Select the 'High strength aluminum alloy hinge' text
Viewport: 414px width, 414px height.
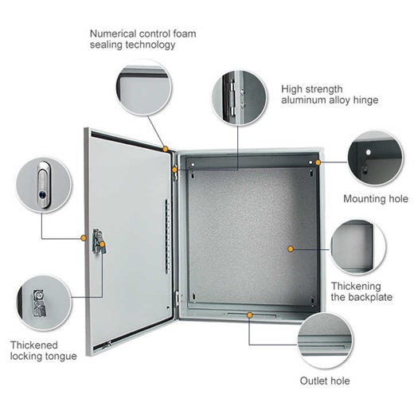coord(330,94)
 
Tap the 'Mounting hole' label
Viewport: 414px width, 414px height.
coord(375,199)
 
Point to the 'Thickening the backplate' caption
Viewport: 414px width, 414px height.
coord(355,291)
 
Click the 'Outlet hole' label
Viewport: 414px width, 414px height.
coord(324,381)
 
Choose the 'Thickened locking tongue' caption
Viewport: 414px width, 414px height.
coord(43,350)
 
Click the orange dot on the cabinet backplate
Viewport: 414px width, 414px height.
coord(291,248)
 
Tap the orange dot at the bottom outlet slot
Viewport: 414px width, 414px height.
coord(250,315)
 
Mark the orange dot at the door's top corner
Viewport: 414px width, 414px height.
coord(165,148)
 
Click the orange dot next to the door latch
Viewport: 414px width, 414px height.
coord(83,237)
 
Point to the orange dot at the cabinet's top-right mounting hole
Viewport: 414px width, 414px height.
coord(317,162)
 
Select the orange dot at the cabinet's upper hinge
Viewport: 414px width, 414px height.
coord(174,169)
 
